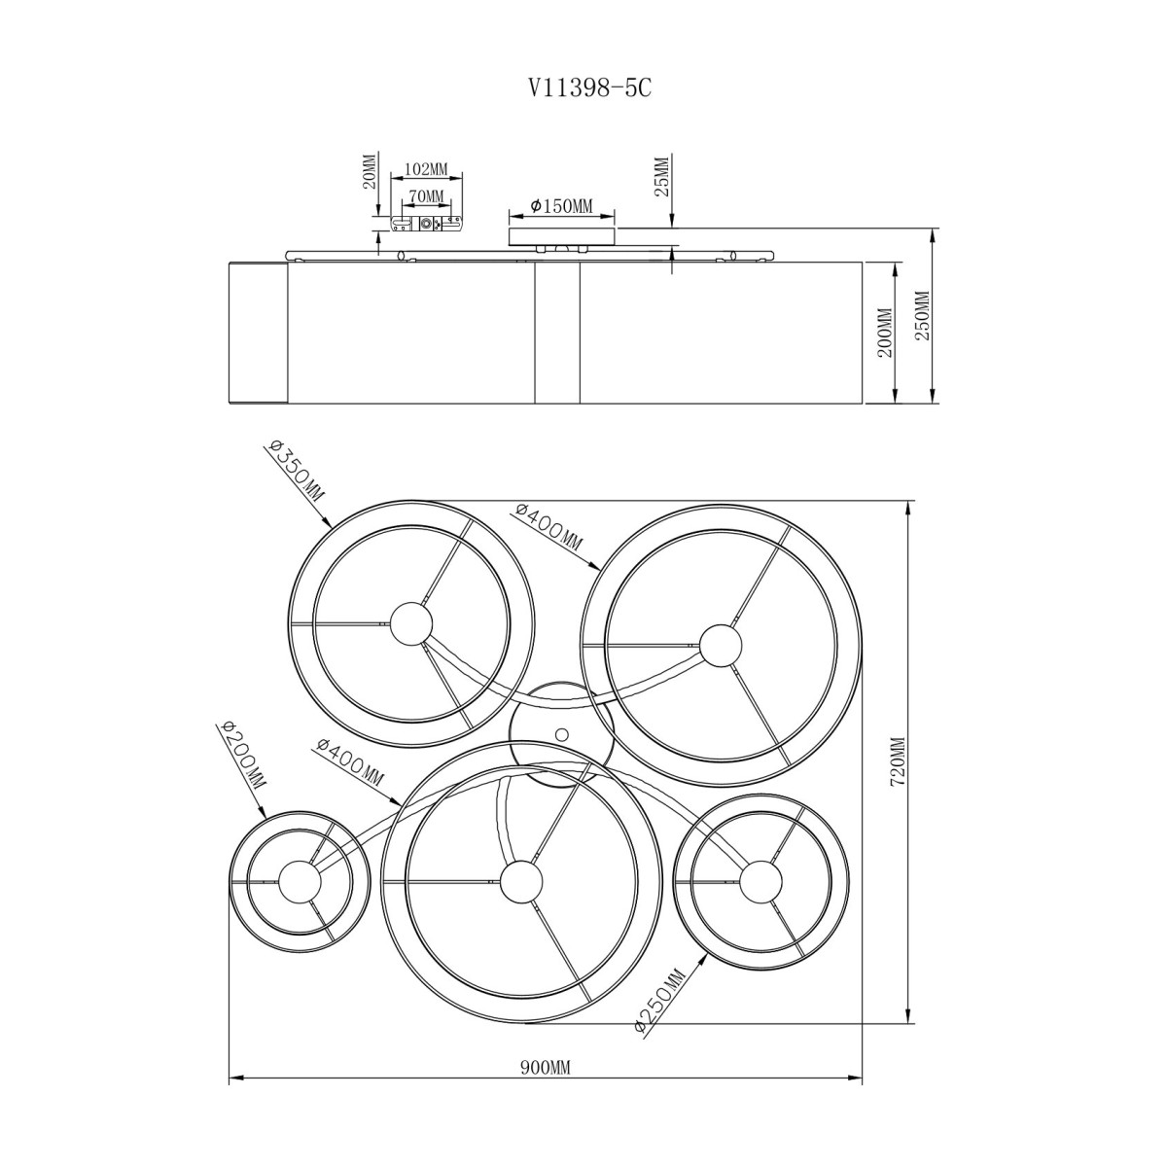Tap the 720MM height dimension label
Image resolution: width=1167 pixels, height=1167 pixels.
coord(898,761)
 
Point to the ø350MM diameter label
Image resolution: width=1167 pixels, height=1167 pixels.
coord(295,477)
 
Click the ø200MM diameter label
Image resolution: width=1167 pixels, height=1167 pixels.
coord(241,755)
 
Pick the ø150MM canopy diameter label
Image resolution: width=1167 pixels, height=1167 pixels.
coord(561,206)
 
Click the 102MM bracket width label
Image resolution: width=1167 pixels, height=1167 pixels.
coord(426,169)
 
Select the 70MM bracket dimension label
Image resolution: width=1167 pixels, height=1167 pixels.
coord(426,196)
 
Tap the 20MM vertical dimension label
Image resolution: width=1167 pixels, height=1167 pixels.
coord(370,171)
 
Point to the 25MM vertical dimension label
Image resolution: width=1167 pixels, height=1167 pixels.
coord(662,176)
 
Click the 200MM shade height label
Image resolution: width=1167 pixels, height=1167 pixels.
coord(885,334)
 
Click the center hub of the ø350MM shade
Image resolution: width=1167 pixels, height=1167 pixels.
coord(411,623)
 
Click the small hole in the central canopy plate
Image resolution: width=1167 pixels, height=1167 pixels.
coord(562,734)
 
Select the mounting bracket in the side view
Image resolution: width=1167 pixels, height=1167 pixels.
coord(426,224)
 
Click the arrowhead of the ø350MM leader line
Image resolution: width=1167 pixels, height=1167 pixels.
coord(327,522)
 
